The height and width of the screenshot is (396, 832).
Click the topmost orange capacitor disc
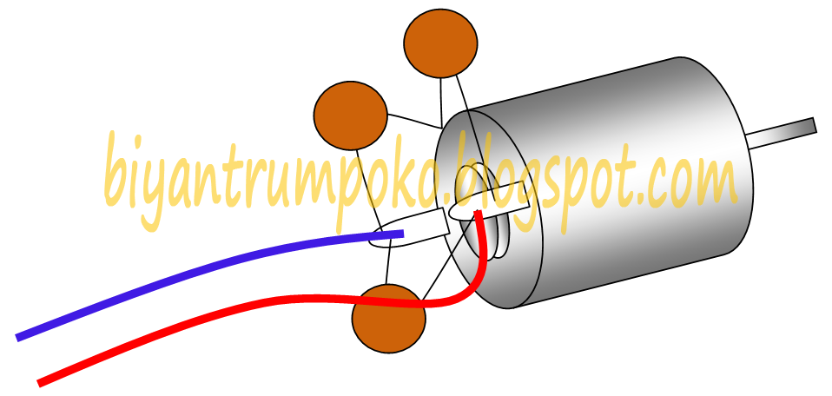(x=440, y=43)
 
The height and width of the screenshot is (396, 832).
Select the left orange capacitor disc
(x=349, y=115)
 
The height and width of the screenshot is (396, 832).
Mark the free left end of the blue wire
(x=20, y=336)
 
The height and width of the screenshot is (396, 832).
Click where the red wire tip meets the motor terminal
(x=479, y=213)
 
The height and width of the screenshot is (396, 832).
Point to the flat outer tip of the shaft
(x=814, y=125)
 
